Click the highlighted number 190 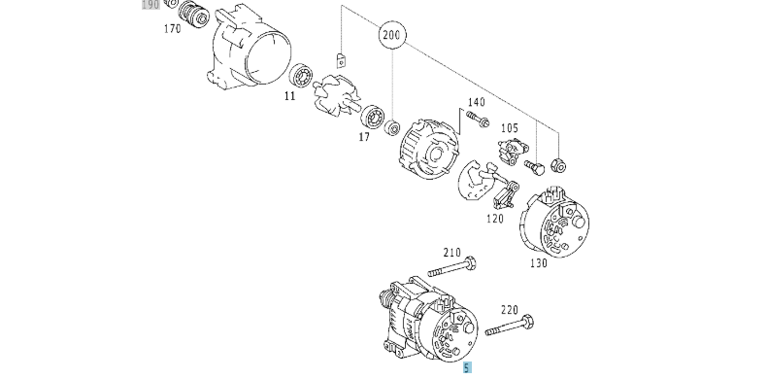click(x=150, y=5)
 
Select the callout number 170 click(x=173, y=29)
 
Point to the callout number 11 click(x=289, y=97)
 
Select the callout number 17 click(x=364, y=138)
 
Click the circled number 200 click(x=391, y=36)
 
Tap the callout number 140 click(x=476, y=102)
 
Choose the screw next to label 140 click(x=476, y=120)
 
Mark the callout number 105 click(x=509, y=128)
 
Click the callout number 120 click(x=495, y=220)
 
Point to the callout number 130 click(x=538, y=262)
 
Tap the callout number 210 click(x=451, y=253)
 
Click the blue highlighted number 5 click(x=465, y=367)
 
